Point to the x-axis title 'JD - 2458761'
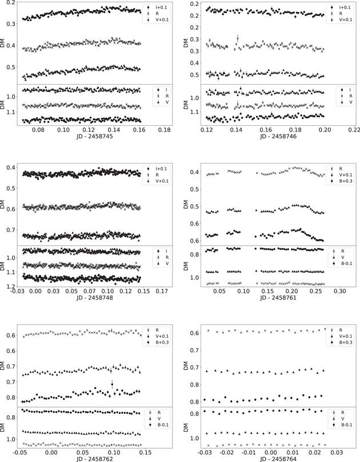tap(267, 298)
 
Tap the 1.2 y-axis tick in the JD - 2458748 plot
tap(13, 286)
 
